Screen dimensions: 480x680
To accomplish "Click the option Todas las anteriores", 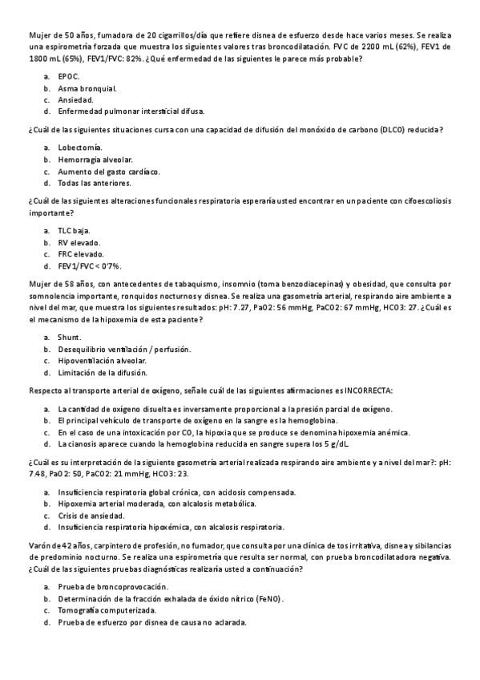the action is tap(94, 184).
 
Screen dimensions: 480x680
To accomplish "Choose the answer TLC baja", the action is tap(75, 231).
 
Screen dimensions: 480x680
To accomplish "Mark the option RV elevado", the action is tap(79, 243).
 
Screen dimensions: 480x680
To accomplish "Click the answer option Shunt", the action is tap(69, 337).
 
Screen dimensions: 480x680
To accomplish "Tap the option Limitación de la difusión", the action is tap(101, 373).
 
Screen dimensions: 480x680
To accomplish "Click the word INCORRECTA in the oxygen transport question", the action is tap(368, 391).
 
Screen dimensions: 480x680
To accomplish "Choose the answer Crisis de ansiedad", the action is tap(91, 515).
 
